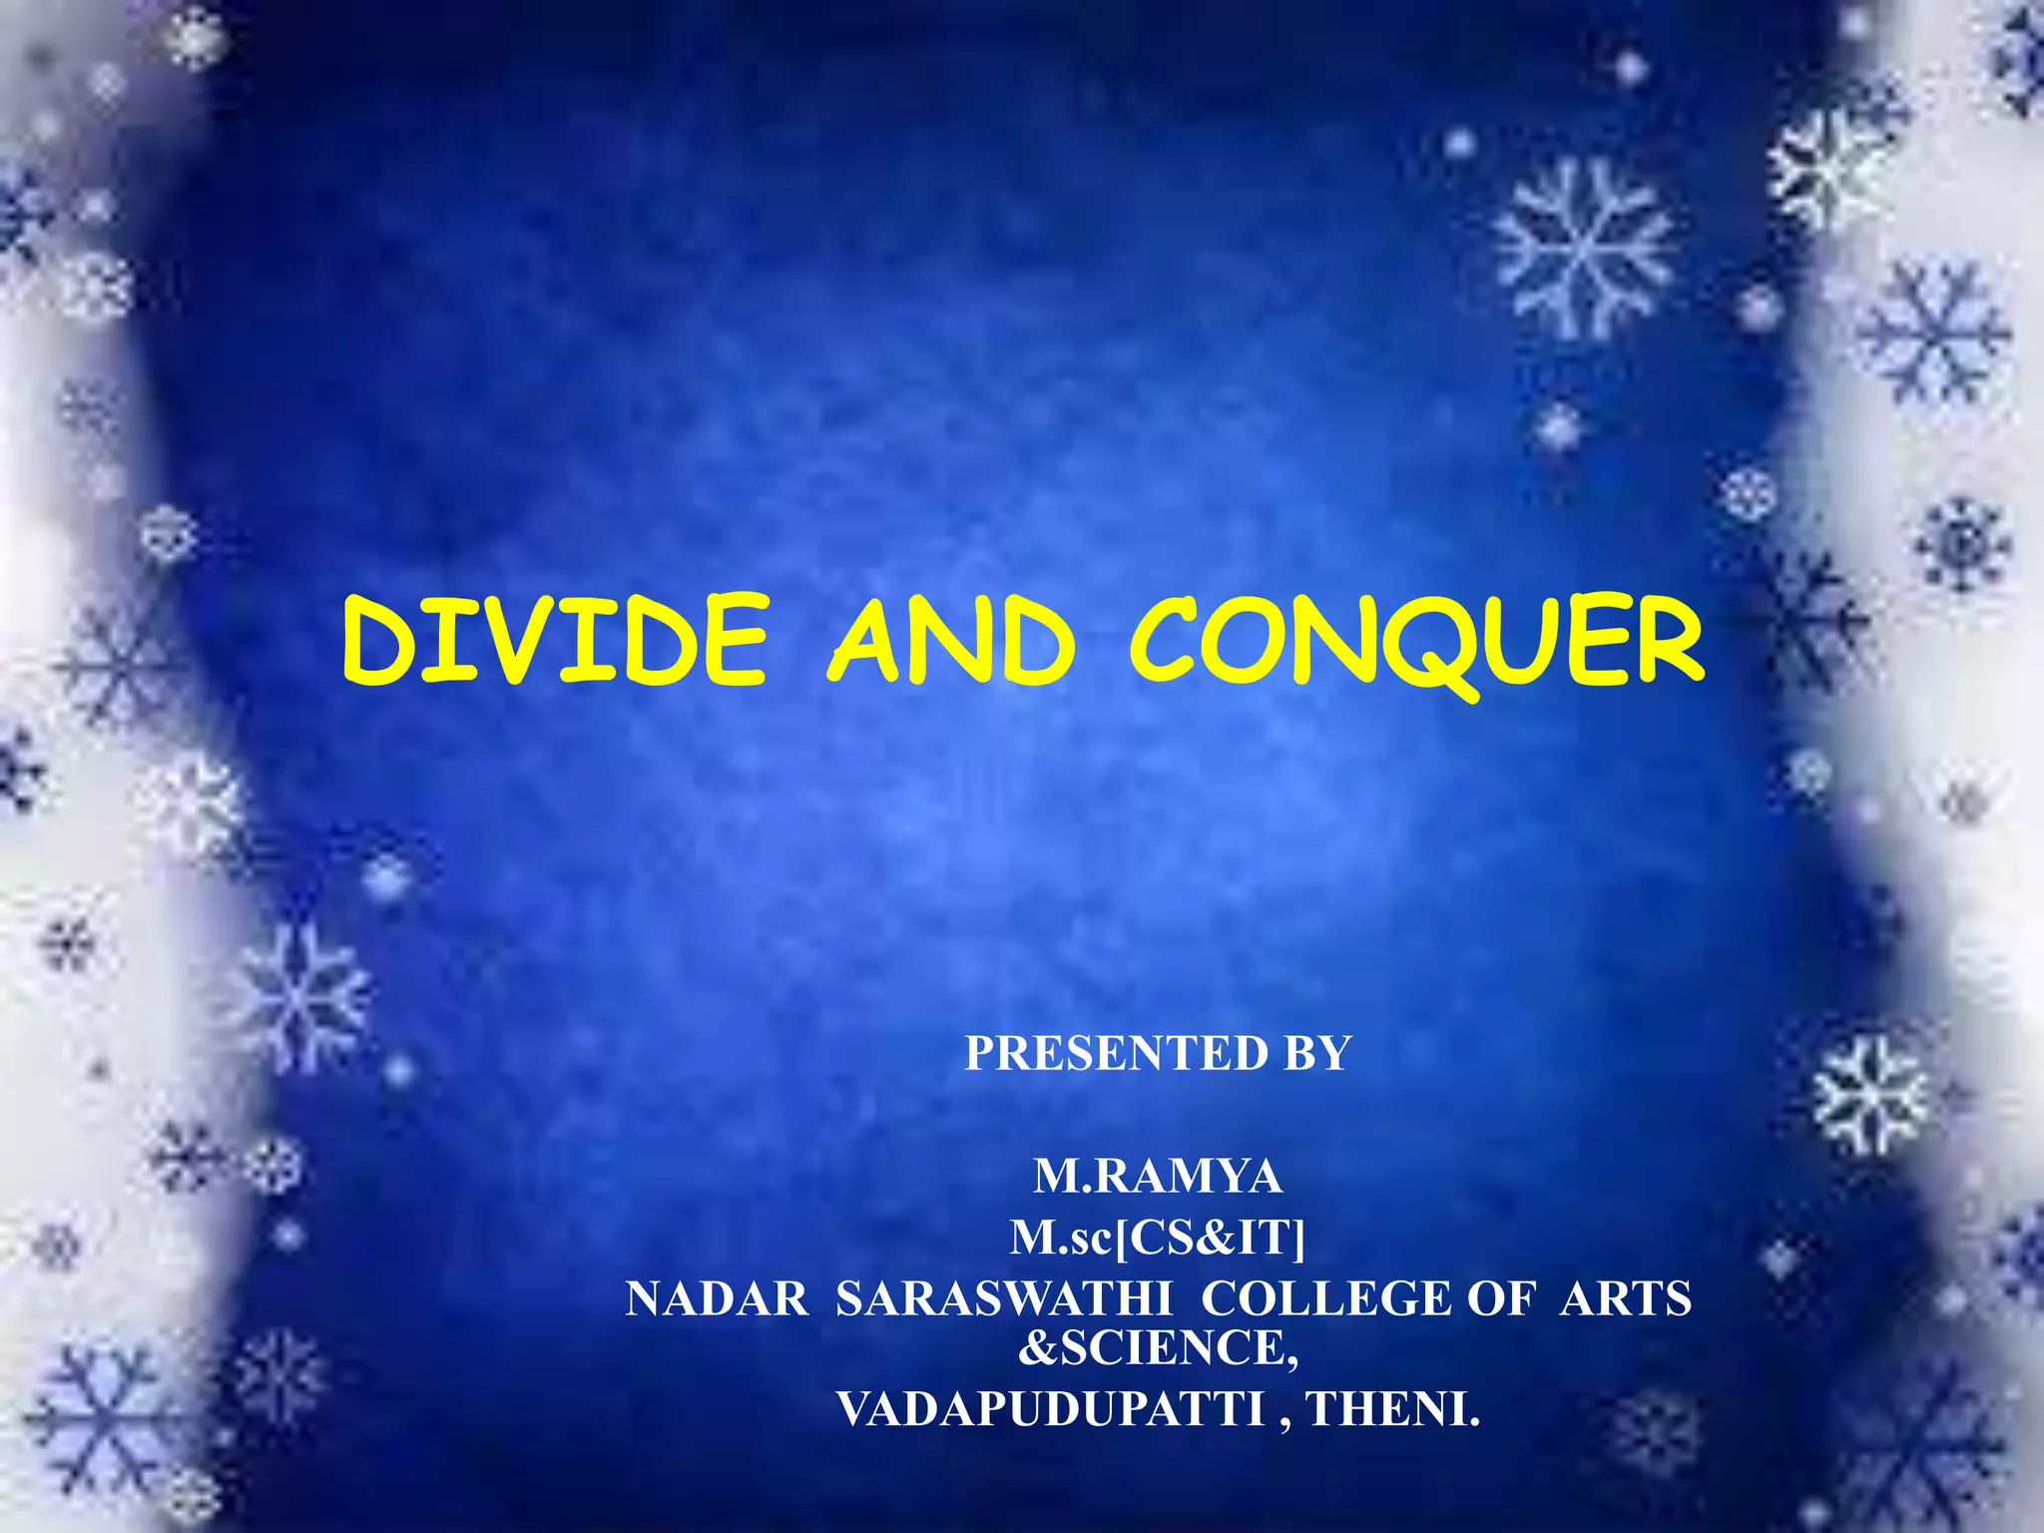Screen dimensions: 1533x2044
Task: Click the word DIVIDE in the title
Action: pyautogui.click(x=555, y=640)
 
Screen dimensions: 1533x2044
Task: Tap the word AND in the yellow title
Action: pyautogui.click(x=950, y=640)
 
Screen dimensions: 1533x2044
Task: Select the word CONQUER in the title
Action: pyautogui.click(x=1417, y=640)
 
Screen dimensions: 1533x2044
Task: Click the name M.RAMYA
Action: pyautogui.click(x=1158, y=1177)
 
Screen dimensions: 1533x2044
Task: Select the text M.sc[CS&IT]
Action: pyautogui.click(x=1158, y=1239)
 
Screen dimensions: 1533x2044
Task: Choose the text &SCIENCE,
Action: pyautogui.click(x=1158, y=1347)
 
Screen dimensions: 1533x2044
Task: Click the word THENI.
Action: pyautogui.click(x=1393, y=1409)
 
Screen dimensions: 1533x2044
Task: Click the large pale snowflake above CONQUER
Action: pyautogui.click(x=1584, y=247)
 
